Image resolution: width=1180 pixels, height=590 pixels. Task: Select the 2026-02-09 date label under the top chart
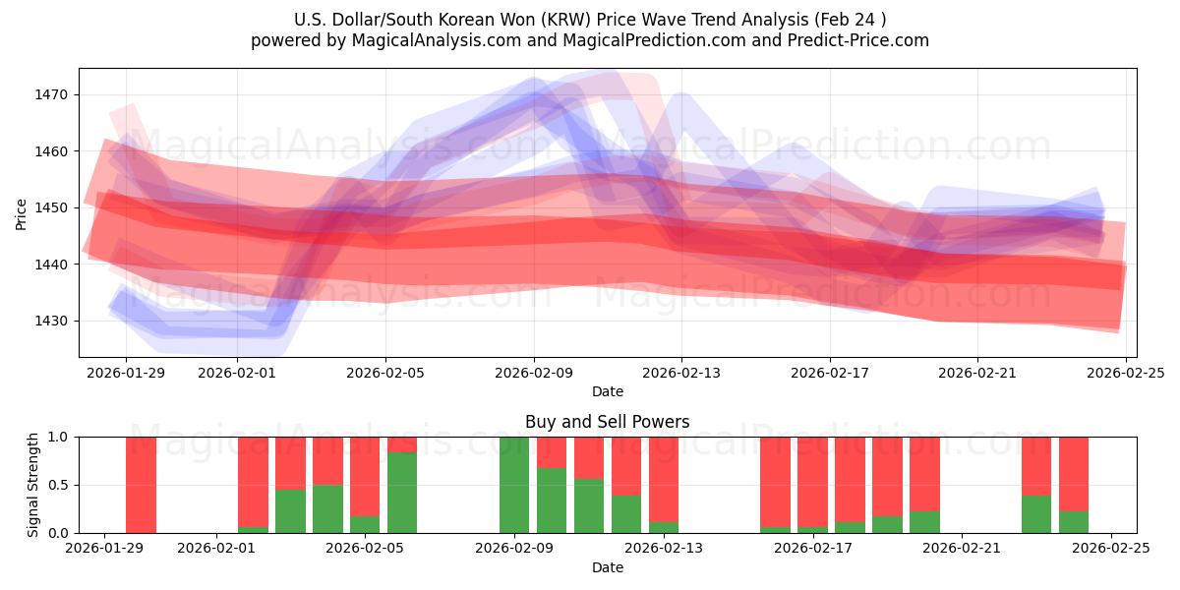pyautogui.click(x=534, y=373)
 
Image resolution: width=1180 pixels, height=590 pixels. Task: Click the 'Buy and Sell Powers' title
pyautogui.click(x=607, y=422)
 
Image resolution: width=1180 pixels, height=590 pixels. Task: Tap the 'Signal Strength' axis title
pyautogui.click(x=33, y=485)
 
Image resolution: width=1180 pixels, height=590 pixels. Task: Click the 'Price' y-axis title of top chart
pyautogui.click(x=22, y=213)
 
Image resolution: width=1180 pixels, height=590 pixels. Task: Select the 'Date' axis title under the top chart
pyautogui.click(x=607, y=391)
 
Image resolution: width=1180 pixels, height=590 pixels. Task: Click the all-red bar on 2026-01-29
pyautogui.click(x=141, y=485)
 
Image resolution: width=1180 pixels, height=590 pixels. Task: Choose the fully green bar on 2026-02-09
pyautogui.click(x=513, y=485)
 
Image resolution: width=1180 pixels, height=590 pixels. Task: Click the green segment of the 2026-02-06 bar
pyautogui.click(x=401, y=493)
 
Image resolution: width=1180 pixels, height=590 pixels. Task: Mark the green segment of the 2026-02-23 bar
pyautogui.click(x=1035, y=514)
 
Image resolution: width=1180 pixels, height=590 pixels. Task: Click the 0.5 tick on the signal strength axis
pyautogui.click(x=58, y=485)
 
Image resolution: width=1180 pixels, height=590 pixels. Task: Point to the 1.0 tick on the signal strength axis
pyautogui.click(x=58, y=437)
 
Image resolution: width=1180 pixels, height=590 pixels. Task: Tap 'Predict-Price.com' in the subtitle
pyautogui.click(x=860, y=40)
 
